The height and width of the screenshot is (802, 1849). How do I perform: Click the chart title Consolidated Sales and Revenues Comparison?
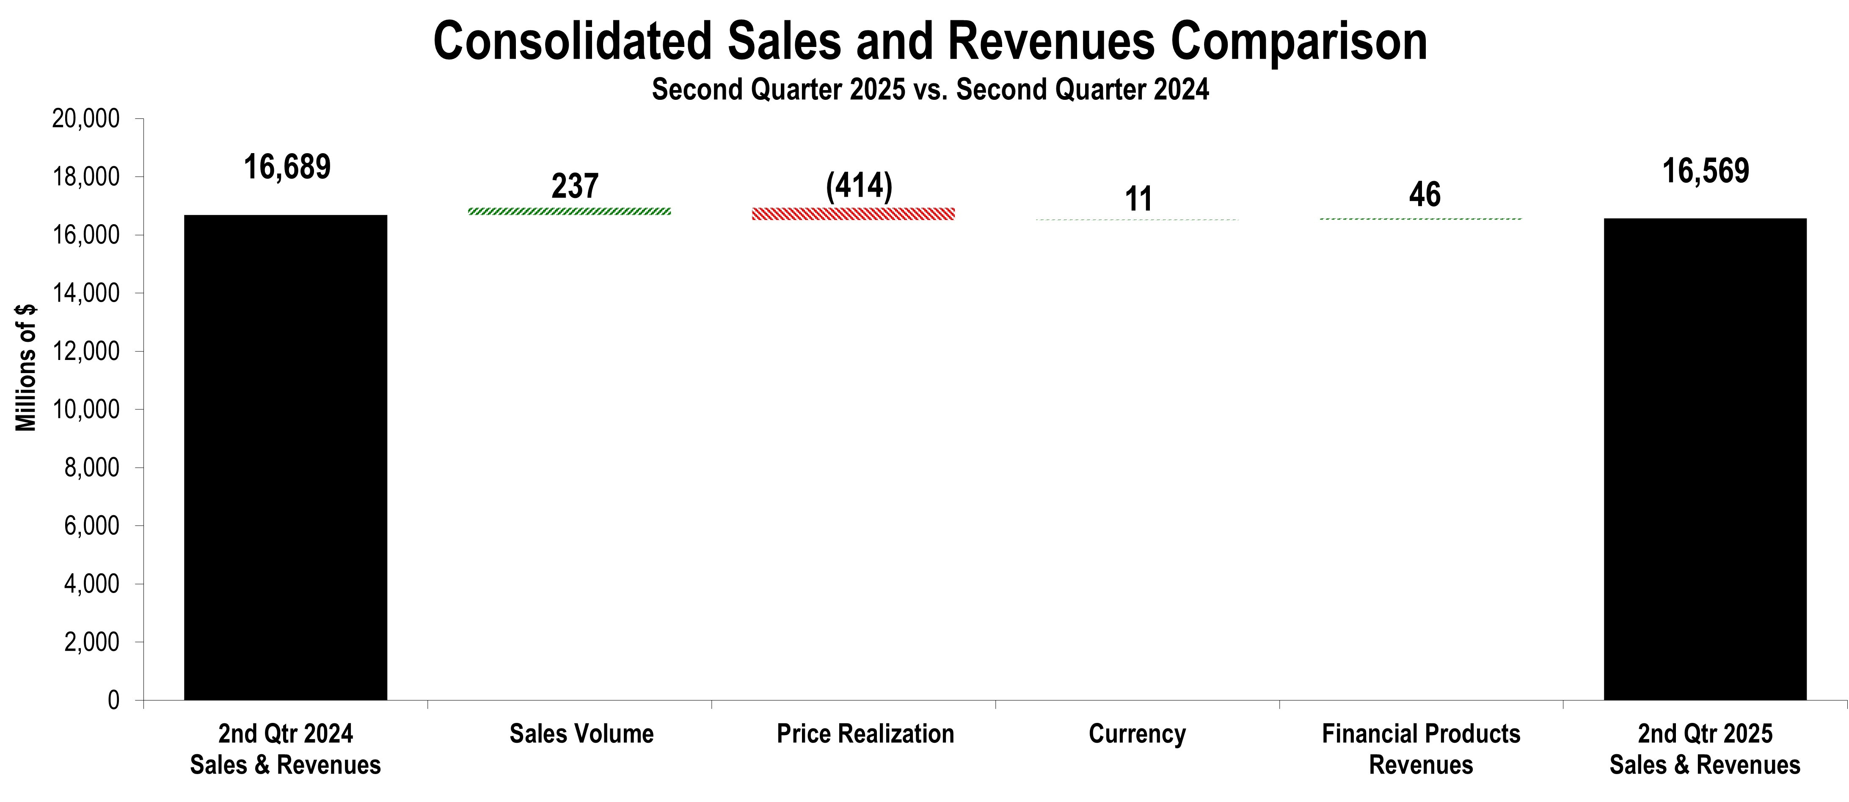[929, 41]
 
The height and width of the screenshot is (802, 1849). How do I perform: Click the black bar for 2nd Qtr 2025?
[1705, 459]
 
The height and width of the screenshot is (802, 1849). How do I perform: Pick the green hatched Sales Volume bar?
[569, 211]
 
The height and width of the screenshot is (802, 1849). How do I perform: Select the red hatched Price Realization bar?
[853, 214]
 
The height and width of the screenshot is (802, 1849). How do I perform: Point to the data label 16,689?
[287, 167]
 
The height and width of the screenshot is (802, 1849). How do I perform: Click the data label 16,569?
[1706, 171]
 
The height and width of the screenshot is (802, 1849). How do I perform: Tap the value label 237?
[574, 187]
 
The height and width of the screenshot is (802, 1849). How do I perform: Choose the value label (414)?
[858, 187]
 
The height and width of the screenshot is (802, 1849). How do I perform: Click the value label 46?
[1424, 195]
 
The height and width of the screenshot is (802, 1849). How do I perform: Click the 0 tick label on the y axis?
[113, 700]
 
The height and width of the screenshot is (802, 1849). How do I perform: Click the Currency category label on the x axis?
[1137, 734]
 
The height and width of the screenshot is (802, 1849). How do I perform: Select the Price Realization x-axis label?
[865, 734]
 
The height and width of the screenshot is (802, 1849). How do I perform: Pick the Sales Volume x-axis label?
[581, 734]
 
